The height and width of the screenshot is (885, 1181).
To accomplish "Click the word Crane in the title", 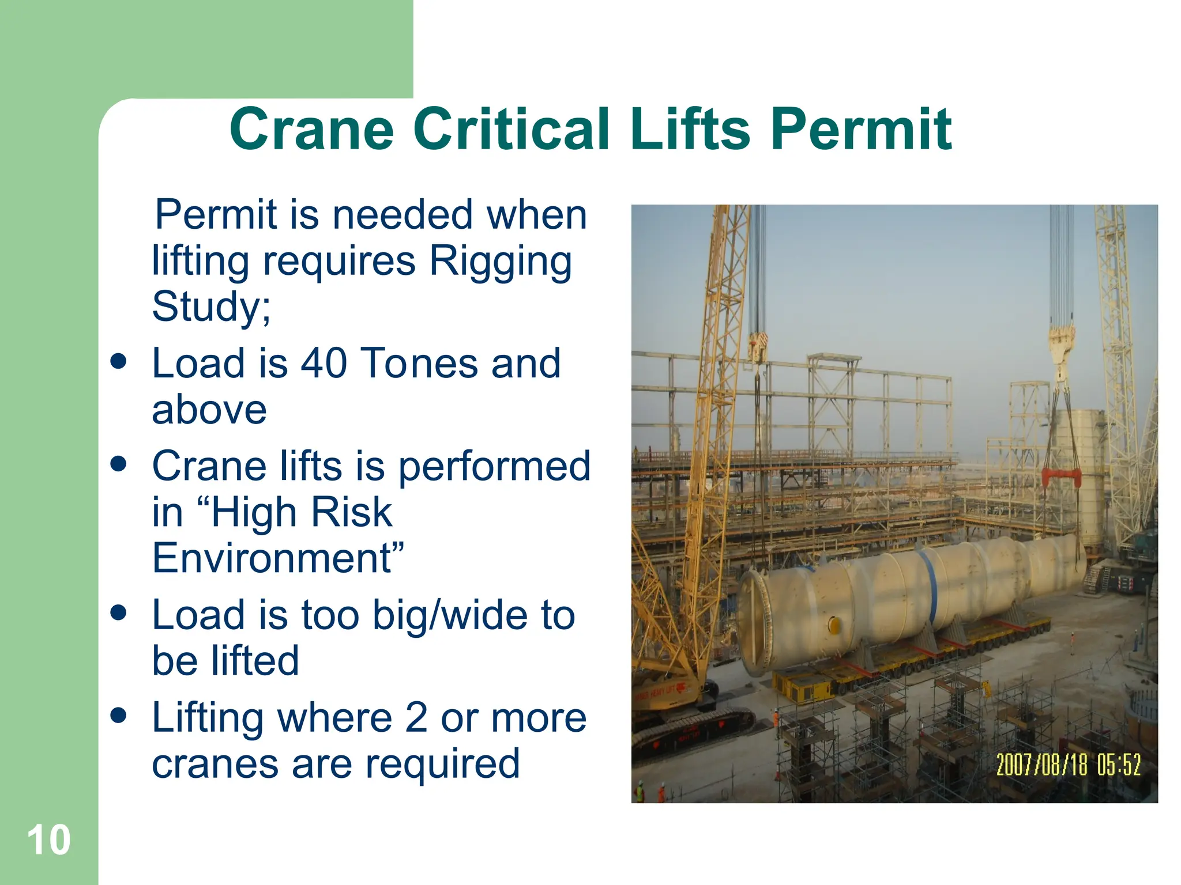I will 311,130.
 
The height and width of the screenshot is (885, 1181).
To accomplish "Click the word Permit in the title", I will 860,130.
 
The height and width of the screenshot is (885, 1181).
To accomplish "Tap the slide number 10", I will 48,840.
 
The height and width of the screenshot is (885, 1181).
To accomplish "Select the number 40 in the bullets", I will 324,364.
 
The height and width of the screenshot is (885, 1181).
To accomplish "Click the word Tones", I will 420,364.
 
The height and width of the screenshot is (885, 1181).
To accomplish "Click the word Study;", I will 211,307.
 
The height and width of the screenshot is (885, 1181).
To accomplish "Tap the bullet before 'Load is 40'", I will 119,362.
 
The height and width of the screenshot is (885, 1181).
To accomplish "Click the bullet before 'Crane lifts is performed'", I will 119,464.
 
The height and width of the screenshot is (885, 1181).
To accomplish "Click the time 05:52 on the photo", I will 1119,765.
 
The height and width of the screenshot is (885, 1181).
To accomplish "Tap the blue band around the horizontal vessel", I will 930,582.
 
